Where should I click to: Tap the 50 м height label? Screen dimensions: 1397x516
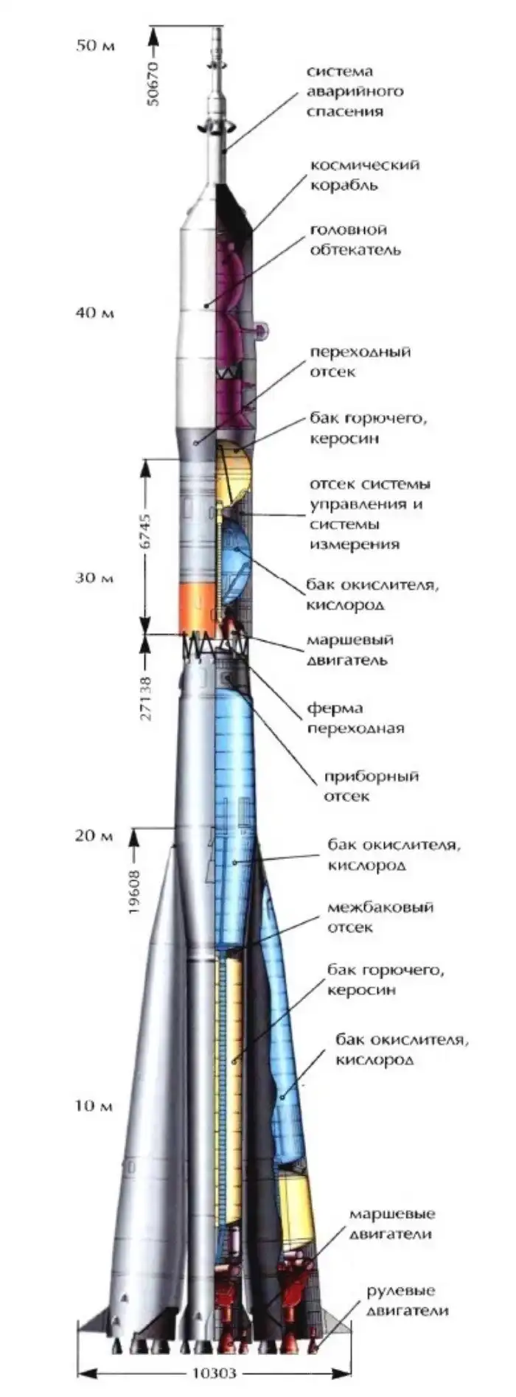point(97,46)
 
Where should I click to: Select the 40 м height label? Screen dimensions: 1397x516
point(95,313)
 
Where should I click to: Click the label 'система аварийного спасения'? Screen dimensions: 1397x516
point(355,92)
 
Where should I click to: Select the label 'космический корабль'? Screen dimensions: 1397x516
point(364,175)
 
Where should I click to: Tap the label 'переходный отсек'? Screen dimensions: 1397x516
point(360,361)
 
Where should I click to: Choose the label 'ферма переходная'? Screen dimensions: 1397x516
point(356,718)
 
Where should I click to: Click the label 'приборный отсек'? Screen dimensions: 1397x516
point(371,786)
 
